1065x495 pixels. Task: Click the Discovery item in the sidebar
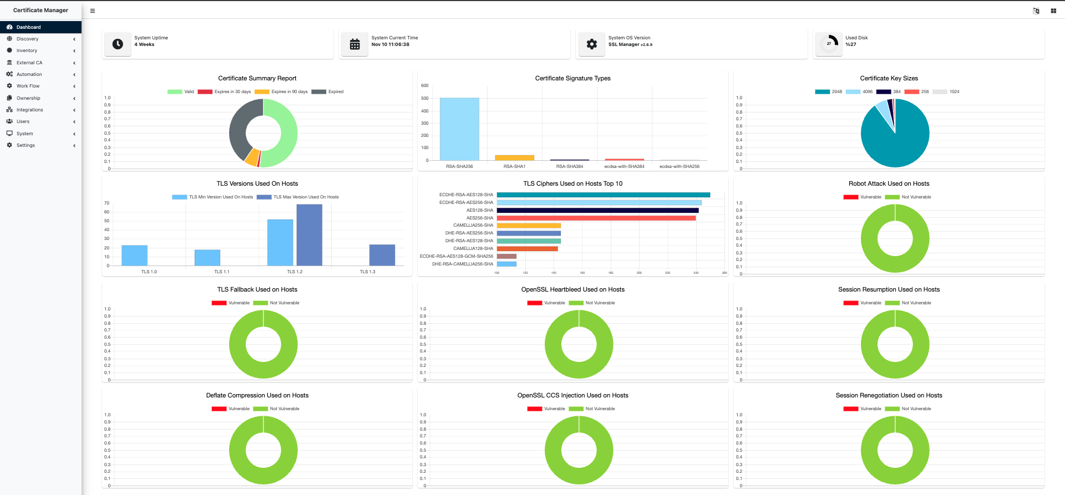27,39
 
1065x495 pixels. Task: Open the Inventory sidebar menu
27,50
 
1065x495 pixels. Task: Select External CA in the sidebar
29,63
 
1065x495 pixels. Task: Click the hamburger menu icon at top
93,11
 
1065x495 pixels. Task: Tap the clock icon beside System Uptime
118,44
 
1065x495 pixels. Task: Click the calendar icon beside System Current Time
355,44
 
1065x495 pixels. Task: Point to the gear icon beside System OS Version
592,44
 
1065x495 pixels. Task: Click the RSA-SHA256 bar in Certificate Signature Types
459,129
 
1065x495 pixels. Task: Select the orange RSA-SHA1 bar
514,158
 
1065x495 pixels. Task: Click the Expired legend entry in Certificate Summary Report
328,92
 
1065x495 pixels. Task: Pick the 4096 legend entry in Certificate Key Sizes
859,92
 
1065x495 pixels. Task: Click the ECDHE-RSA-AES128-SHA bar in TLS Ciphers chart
603,195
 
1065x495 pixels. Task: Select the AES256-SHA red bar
596,218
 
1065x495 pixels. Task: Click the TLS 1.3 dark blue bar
382,255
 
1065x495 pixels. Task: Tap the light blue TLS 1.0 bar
134,256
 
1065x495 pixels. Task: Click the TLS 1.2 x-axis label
295,272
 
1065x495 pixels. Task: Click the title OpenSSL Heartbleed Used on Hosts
572,289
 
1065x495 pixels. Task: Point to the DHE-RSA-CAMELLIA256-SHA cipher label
463,264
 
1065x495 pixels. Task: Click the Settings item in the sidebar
26,145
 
